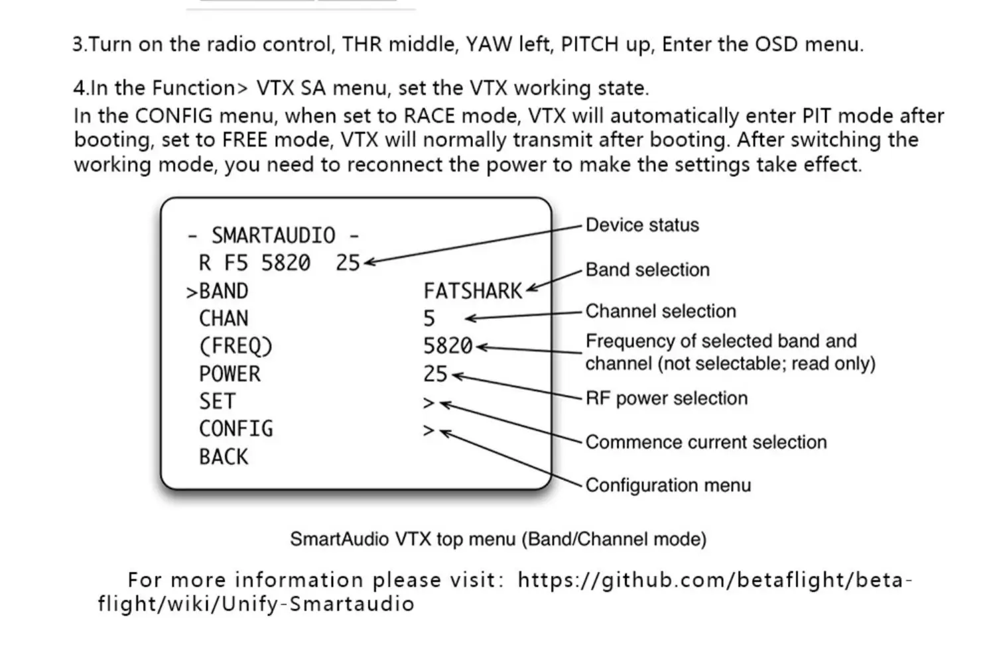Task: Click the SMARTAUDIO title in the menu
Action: (273, 235)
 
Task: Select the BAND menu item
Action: (223, 291)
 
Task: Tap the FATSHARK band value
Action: (472, 291)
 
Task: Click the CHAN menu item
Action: (224, 319)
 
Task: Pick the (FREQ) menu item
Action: (235, 346)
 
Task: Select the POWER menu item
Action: (230, 374)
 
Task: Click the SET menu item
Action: (217, 402)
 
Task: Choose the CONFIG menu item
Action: (235, 429)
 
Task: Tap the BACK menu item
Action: (224, 457)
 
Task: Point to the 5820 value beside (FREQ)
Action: (448, 346)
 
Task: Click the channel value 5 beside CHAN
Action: (429, 319)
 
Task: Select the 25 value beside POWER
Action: (436, 374)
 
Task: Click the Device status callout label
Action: (641, 225)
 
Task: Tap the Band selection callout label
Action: (647, 270)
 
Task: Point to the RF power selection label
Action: (666, 398)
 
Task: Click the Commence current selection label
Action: (706, 442)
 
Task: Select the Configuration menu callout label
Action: (668, 485)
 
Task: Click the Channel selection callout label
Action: (660, 312)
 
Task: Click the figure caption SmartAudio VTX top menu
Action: (497, 539)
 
